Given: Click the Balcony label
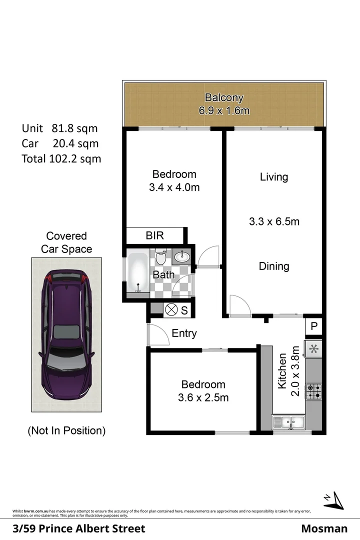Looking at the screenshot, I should (x=224, y=97).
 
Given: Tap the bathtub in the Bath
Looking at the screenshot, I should (x=137, y=273).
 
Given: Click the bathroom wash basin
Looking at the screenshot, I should (x=181, y=258).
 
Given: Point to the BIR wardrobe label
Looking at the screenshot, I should (x=154, y=235).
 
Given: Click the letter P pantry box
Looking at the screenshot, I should (x=314, y=326).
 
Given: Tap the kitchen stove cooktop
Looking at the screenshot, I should (x=314, y=391).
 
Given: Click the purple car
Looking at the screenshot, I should (x=66, y=332).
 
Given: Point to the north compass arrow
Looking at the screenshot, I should (x=333, y=499).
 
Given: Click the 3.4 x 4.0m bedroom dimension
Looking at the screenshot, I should (x=174, y=188).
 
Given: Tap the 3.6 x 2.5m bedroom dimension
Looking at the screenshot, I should (x=203, y=398).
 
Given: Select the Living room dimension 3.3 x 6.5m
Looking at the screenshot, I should (x=274, y=221).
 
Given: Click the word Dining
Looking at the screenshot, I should (x=274, y=266).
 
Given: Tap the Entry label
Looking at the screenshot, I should (x=184, y=333).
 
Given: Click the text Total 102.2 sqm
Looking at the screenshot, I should (x=61, y=159).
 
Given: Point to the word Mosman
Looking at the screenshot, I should (x=324, y=528).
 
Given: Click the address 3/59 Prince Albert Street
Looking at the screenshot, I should (x=79, y=528).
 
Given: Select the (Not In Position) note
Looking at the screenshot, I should (x=66, y=430).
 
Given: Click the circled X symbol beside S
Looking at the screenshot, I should (x=171, y=310).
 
